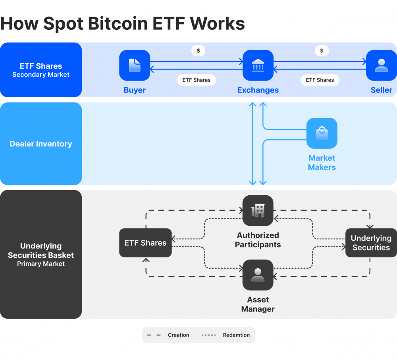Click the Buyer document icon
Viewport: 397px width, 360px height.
click(135, 65)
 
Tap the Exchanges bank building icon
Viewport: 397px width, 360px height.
click(258, 65)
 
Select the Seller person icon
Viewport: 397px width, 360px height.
click(381, 65)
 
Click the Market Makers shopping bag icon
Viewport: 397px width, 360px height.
click(322, 133)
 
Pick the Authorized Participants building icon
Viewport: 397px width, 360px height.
click(258, 211)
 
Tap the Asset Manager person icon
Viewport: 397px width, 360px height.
click(258, 275)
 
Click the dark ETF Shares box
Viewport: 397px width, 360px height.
click(145, 243)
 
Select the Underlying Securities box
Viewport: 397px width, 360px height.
click(371, 243)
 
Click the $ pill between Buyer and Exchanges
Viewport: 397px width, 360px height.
click(198, 51)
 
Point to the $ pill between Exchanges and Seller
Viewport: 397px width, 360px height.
click(322, 51)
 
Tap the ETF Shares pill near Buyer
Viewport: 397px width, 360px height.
click(197, 80)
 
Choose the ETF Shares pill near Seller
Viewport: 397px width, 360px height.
click(320, 80)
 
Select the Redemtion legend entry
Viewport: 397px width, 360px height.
click(226, 335)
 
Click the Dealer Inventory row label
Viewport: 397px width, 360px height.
click(41, 144)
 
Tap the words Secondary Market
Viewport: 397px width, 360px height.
click(41, 75)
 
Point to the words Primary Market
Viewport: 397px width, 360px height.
click(41, 264)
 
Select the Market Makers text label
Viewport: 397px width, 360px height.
click(322, 163)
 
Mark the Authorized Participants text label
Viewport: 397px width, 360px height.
click(258, 240)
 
